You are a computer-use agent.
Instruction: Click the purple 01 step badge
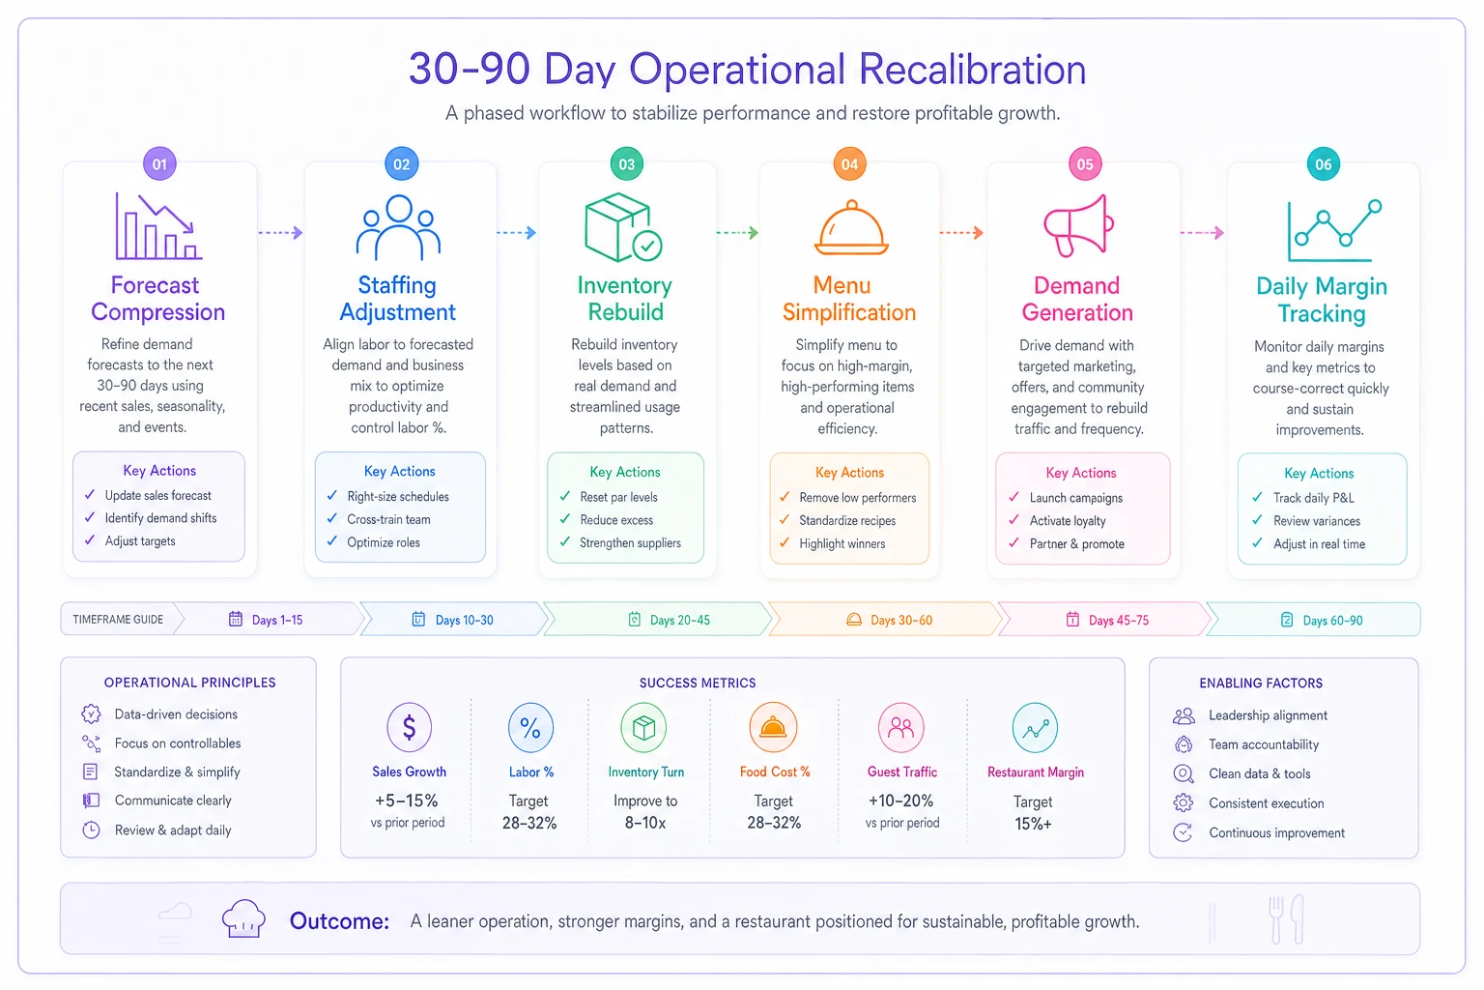tap(159, 163)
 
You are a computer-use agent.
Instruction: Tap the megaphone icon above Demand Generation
tap(1078, 225)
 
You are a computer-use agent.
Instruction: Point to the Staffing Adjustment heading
tap(397, 299)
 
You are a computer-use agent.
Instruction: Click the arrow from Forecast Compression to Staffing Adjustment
tap(280, 233)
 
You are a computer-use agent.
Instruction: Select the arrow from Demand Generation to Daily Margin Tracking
tap(1202, 233)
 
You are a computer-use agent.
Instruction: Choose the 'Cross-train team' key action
tap(389, 519)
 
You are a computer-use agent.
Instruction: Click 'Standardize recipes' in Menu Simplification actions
tap(847, 520)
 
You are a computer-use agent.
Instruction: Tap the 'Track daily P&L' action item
tap(1314, 497)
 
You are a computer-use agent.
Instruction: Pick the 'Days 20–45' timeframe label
tap(680, 620)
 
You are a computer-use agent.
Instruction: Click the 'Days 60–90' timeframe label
tap(1333, 620)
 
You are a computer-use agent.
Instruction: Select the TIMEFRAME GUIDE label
tap(118, 620)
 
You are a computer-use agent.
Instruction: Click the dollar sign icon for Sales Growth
tap(410, 727)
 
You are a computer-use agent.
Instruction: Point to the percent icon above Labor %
tap(530, 727)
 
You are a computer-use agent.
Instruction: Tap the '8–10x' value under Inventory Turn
tap(645, 823)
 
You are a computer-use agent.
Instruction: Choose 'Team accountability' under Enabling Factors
tap(1264, 744)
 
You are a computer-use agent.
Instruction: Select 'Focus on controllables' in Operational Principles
tap(178, 742)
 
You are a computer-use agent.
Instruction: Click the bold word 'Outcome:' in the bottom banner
tap(339, 920)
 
